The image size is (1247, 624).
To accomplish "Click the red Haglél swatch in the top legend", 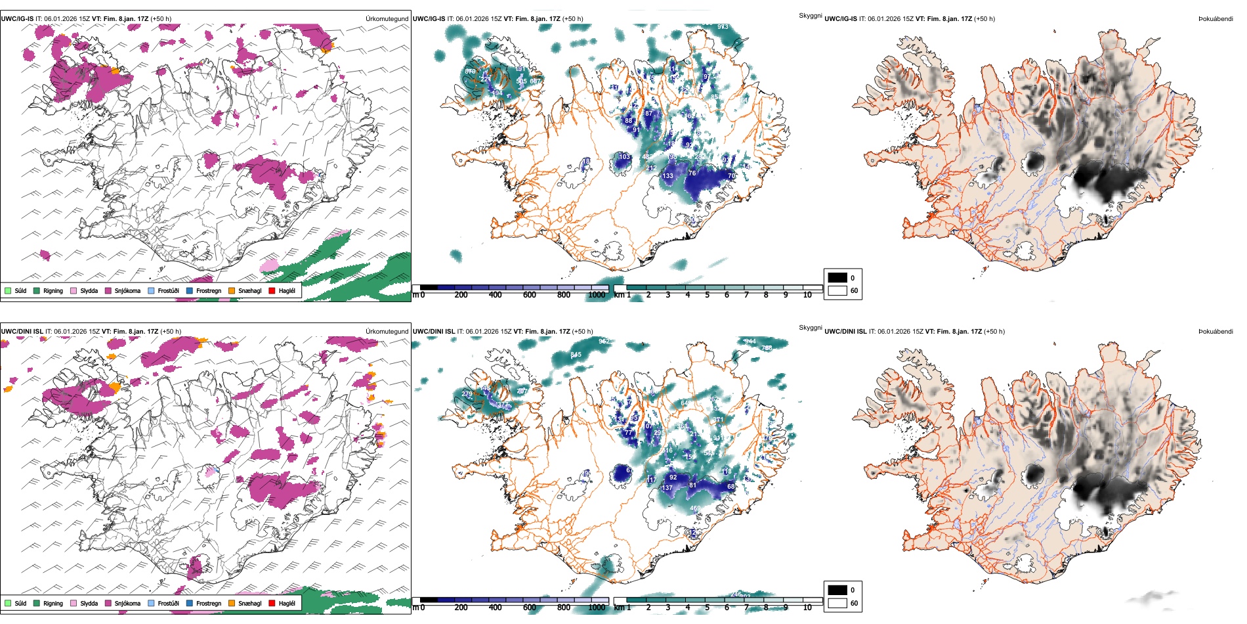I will coord(272,290).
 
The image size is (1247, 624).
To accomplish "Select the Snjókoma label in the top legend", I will coord(127,290).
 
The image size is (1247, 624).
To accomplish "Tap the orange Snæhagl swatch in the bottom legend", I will coord(232,603).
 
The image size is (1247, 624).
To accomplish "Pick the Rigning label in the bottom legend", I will coord(53,603).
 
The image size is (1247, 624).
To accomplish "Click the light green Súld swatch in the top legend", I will coord(8,290).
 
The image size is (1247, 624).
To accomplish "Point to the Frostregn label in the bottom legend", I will coord(208,603).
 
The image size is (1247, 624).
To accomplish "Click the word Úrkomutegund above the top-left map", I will coord(387,19).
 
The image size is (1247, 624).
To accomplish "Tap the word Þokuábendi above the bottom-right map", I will coord(1215,332).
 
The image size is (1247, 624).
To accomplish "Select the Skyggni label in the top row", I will coord(810,16).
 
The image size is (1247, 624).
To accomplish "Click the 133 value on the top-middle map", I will coord(667,176).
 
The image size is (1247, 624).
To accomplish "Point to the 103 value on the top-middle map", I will coord(624,157).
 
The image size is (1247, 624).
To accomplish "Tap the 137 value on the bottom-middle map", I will coord(667,488).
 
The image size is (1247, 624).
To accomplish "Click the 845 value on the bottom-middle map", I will coord(576,355).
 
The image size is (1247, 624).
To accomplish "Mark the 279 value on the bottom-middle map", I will coord(467,394).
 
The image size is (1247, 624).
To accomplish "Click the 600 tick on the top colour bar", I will coord(529,295).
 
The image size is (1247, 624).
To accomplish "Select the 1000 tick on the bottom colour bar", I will coord(597,608).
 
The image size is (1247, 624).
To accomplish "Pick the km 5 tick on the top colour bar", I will coord(707,295).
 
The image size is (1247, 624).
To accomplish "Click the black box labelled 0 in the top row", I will coord(837,278).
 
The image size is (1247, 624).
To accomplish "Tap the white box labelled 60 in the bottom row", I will coord(837,603).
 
